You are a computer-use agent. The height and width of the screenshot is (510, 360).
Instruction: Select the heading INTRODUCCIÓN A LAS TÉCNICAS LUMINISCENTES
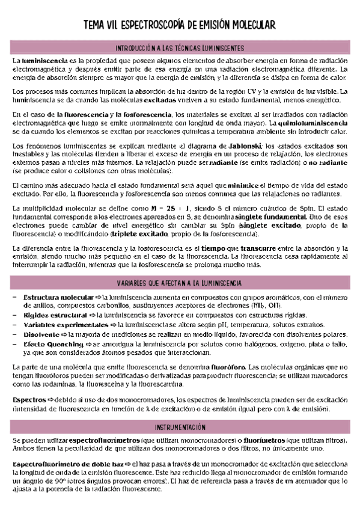[180, 48]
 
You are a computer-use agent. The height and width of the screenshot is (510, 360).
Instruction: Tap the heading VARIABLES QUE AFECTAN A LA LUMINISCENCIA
[180, 282]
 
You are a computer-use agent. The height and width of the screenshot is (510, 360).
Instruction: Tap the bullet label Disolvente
[40, 334]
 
